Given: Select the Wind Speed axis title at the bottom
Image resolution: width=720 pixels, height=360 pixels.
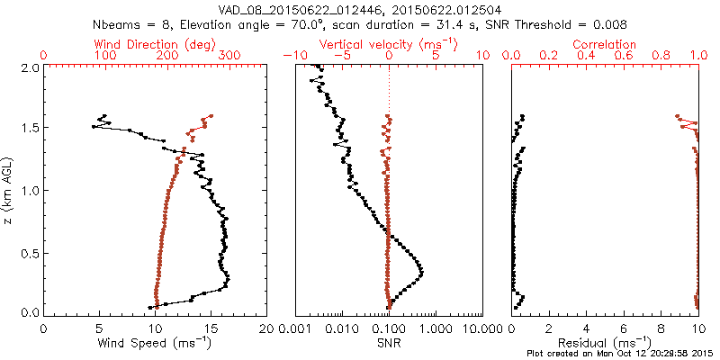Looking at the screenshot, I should click(x=156, y=343).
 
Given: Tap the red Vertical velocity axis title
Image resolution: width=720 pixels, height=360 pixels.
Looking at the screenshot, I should click(x=389, y=44).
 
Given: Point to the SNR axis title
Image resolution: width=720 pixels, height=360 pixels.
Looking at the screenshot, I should click(x=388, y=343).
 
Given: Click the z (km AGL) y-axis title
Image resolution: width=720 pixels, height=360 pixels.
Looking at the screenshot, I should click(x=10, y=190).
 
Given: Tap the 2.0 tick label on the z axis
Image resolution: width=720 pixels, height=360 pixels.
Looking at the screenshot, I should click(x=29, y=67).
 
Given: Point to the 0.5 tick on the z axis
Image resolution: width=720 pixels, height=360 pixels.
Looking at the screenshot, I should click(x=29, y=252).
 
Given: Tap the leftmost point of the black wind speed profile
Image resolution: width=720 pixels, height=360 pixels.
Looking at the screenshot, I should click(x=93, y=127).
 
